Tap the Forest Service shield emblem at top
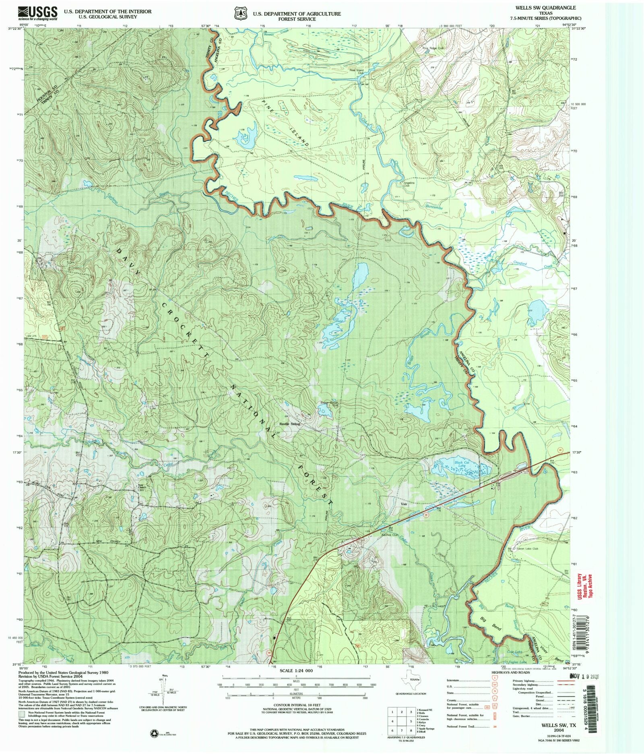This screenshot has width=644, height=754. pyautogui.click(x=240, y=13)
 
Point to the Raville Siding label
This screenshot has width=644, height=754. pyautogui.click(x=290, y=423)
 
